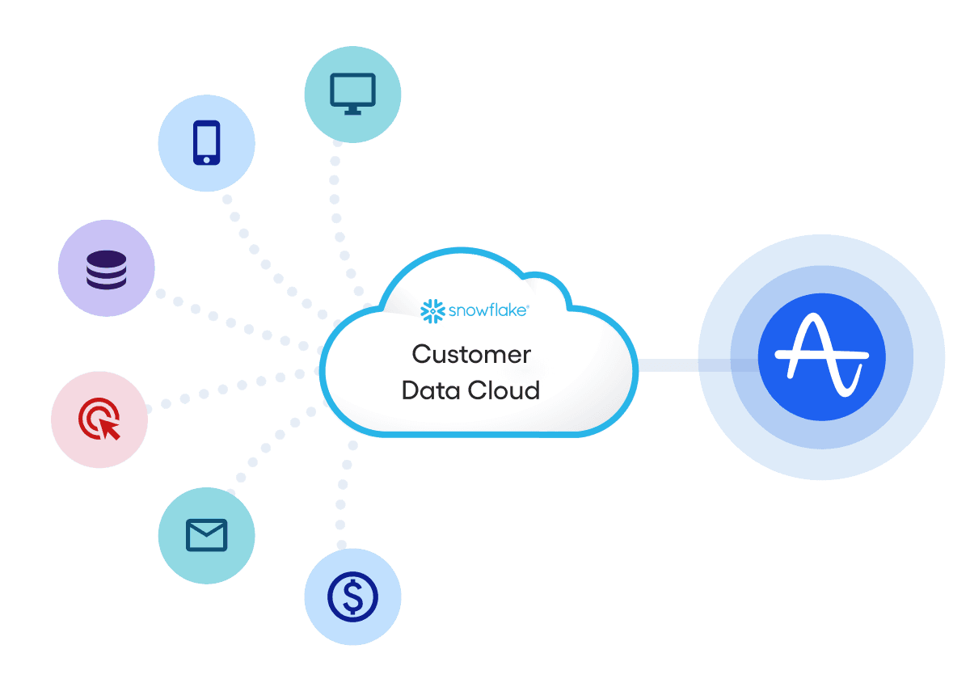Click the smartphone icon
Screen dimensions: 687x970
[x=206, y=143]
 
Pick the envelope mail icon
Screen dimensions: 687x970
[x=206, y=534]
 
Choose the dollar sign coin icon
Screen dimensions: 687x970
[x=352, y=596]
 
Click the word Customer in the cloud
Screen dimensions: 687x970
[x=471, y=355]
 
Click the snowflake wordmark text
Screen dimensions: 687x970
[x=489, y=310]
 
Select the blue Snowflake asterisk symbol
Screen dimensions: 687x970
[x=433, y=310]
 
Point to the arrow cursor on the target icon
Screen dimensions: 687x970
[x=111, y=428]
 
